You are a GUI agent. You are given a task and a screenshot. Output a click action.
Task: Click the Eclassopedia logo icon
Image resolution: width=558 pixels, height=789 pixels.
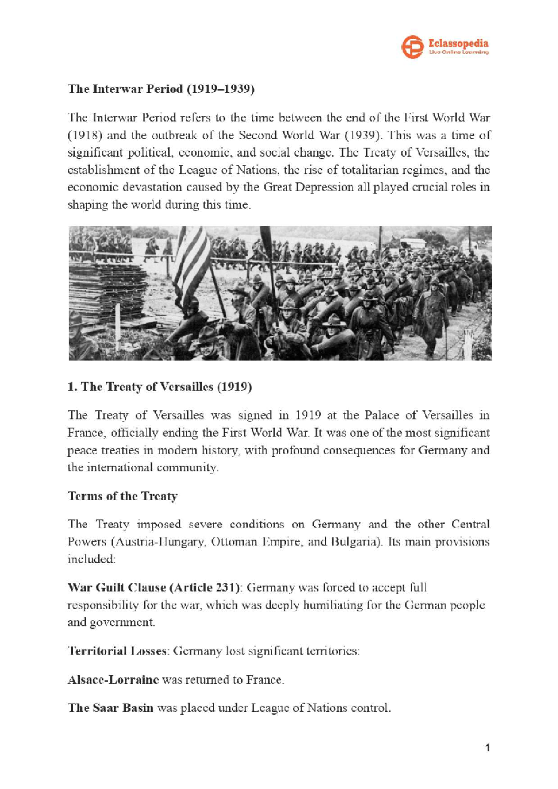pos(412,46)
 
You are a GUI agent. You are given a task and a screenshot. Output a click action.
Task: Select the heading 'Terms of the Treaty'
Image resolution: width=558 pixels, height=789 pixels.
pos(123,496)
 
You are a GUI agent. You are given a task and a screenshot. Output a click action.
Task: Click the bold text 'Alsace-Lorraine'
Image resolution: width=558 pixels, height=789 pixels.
pos(113,680)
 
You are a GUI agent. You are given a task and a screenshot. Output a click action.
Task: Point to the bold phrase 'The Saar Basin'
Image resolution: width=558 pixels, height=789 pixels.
pos(111,708)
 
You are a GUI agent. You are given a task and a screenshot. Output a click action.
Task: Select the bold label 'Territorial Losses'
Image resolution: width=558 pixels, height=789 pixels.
pos(117,651)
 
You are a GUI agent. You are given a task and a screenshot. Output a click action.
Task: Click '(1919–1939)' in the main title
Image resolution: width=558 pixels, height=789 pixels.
pos(220,89)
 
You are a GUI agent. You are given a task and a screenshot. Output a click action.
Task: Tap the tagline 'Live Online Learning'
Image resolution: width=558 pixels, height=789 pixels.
pos(458,53)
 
